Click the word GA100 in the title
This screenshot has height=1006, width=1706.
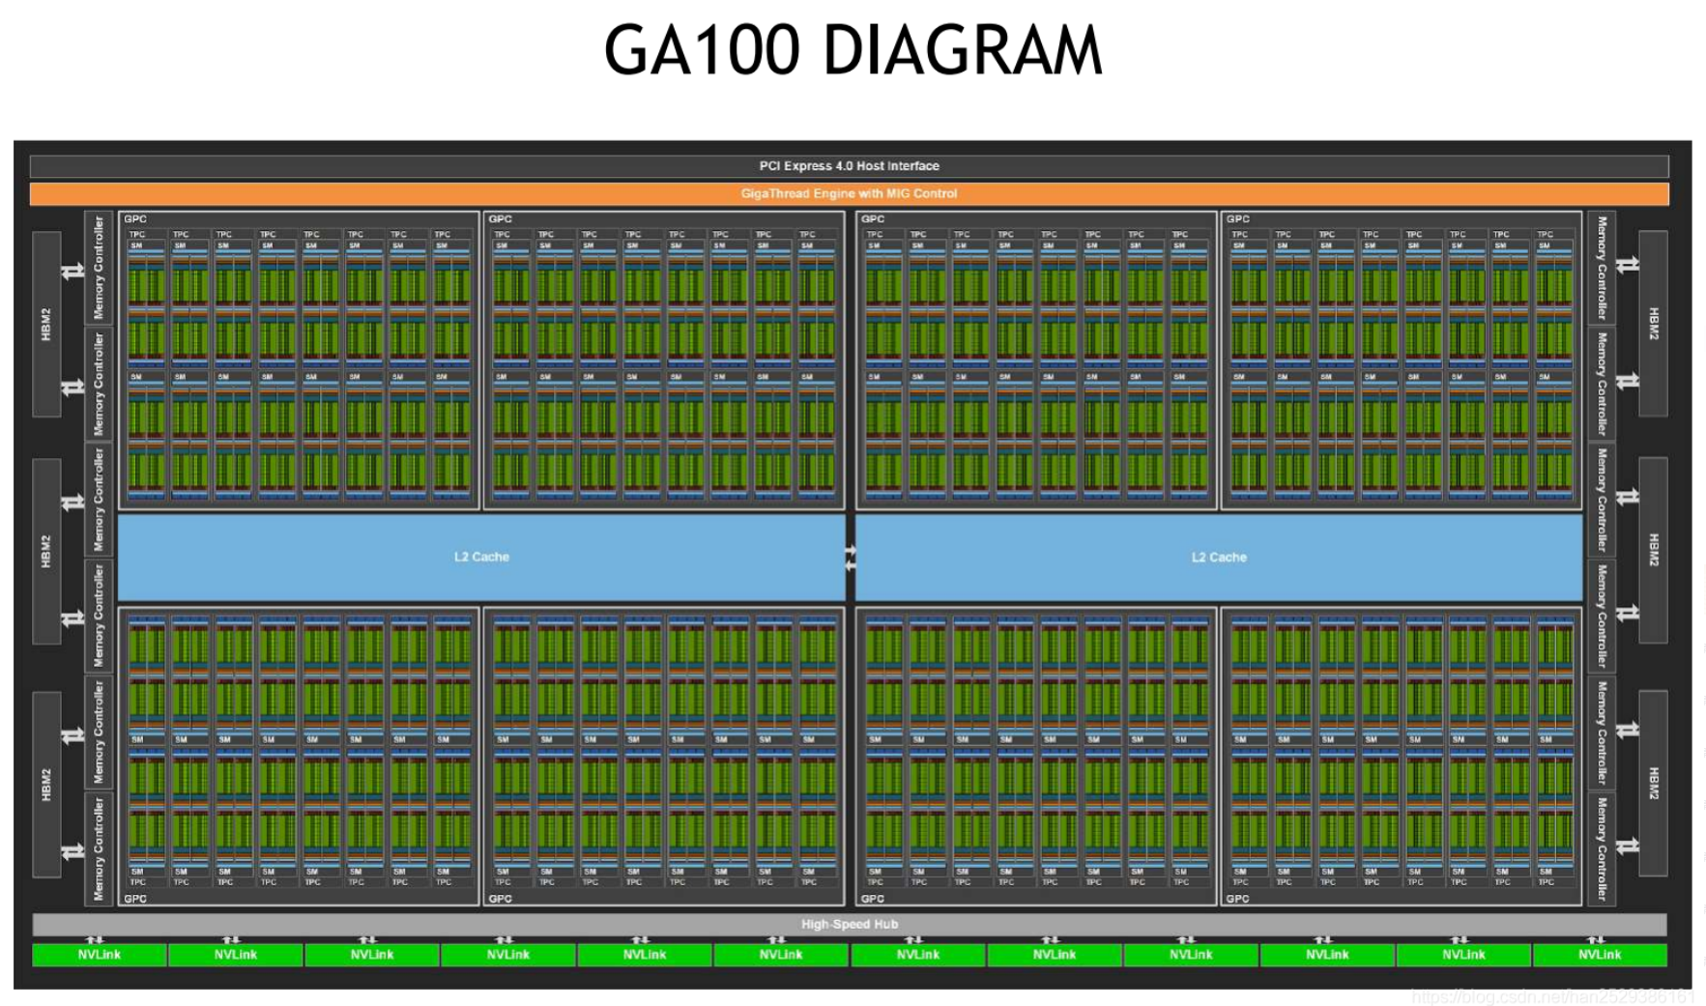(x=703, y=50)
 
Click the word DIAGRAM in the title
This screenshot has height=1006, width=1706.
(x=963, y=50)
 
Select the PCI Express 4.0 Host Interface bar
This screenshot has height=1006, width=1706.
(x=849, y=166)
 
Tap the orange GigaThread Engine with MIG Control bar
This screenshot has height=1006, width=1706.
(x=849, y=193)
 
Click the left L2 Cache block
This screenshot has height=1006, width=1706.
(x=481, y=557)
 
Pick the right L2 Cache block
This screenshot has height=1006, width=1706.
(x=1219, y=557)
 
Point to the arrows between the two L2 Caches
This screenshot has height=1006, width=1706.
(x=851, y=558)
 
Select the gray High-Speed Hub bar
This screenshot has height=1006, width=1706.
(x=849, y=924)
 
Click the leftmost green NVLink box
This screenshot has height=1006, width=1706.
(x=100, y=955)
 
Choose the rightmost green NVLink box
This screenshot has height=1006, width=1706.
(x=1600, y=955)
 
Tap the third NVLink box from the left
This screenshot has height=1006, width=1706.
(x=372, y=955)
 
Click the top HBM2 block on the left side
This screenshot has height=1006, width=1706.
(x=46, y=324)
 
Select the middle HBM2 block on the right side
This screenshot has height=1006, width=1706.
(x=1653, y=550)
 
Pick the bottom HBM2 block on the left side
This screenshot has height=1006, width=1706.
(x=46, y=784)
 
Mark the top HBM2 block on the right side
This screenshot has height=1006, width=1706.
(x=1653, y=324)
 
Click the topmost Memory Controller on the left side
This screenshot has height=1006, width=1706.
(x=99, y=268)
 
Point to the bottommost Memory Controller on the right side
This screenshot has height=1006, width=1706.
(x=1602, y=848)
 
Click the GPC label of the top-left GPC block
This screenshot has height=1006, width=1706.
(x=135, y=219)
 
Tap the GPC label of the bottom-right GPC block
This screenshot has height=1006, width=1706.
(x=1237, y=899)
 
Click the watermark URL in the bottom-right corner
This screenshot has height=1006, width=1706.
(x=1552, y=996)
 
